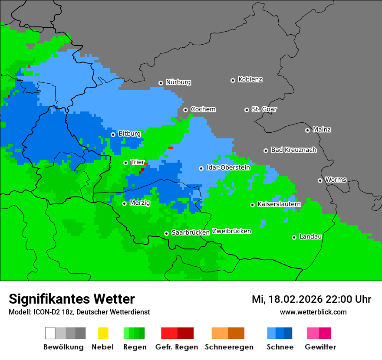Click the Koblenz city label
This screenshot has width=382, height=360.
point(250,79)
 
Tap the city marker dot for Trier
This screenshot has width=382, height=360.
point(125,163)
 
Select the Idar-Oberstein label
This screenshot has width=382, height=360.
point(228,167)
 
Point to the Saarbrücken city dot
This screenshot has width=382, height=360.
point(166,233)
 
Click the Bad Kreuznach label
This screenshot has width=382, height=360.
point(293,150)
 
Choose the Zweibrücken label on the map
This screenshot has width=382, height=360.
point(231,231)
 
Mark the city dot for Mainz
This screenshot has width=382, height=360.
point(307,130)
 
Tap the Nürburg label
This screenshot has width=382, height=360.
point(178,82)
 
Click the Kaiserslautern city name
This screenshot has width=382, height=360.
point(279,204)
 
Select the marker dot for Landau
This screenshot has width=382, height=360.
point(294,237)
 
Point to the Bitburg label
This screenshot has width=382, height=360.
point(129,134)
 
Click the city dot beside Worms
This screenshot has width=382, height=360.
point(320,180)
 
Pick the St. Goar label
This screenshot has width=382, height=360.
point(264,109)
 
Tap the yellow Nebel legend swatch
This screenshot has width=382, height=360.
point(103,333)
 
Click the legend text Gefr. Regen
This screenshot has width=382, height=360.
point(177,347)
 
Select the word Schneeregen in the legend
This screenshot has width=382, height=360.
point(229,347)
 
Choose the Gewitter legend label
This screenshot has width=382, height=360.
point(320,347)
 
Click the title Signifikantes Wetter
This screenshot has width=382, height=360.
point(72,299)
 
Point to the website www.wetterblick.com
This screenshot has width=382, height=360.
point(313,312)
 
